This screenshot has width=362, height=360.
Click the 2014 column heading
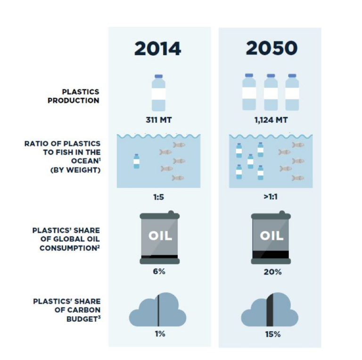pyautogui.click(x=158, y=49)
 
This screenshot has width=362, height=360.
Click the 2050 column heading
pyautogui.click(x=271, y=48)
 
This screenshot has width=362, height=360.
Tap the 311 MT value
pyautogui.click(x=158, y=120)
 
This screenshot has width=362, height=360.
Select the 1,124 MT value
pyautogui.click(x=271, y=120)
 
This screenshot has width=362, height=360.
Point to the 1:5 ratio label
pyautogui.click(x=158, y=197)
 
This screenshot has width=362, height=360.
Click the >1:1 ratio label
pyautogui.click(x=271, y=197)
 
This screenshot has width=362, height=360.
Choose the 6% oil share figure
pyautogui.click(x=159, y=271)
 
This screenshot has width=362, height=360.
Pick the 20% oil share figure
pyautogui.click(x=272, y=272)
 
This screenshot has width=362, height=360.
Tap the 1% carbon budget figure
pyautogui.click(x=160, y=334)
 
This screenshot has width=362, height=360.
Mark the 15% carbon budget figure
pyautogui.click(x=273, y=335)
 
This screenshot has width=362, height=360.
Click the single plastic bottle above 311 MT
pyautogui.click(x=158, y=93)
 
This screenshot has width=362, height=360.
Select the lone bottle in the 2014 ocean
pyautogui.click(x=136, y=161)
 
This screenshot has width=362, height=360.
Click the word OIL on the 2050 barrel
pyautogui.click(x=271, y=236)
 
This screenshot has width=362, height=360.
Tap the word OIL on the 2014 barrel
pyautogui.click(x=160, y=236)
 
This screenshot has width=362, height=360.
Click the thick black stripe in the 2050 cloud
pyautogui.click(x=270, y=310)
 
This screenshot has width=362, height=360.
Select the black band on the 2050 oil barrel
pyautogui.click(x=271, y=255)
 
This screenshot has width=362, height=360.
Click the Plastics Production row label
pyautogui.click(x=74, y=96)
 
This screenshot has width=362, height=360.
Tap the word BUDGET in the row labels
pyautogui.click(x=82, y=319)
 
